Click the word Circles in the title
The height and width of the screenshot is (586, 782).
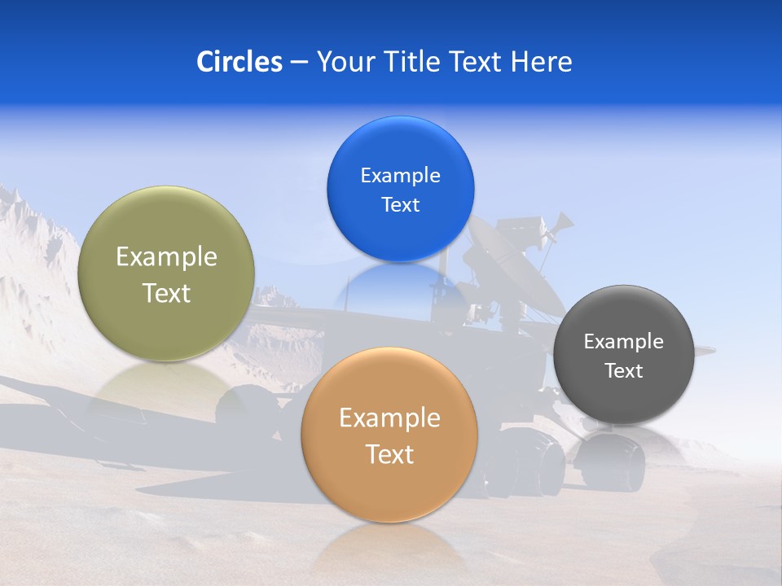point(239,62)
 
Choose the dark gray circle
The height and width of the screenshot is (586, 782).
point(623,399)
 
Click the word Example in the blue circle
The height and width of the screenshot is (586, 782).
point(400,176)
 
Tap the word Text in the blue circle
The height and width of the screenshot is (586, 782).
point(400,205)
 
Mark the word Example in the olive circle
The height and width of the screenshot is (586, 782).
point(166,257)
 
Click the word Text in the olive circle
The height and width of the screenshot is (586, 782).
point(166,293)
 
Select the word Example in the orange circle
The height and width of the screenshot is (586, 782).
point(389,418)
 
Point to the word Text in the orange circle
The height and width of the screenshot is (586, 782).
point(389,454)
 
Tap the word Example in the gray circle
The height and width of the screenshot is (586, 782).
point(623,342)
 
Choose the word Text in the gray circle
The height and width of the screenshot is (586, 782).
point(623,371)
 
